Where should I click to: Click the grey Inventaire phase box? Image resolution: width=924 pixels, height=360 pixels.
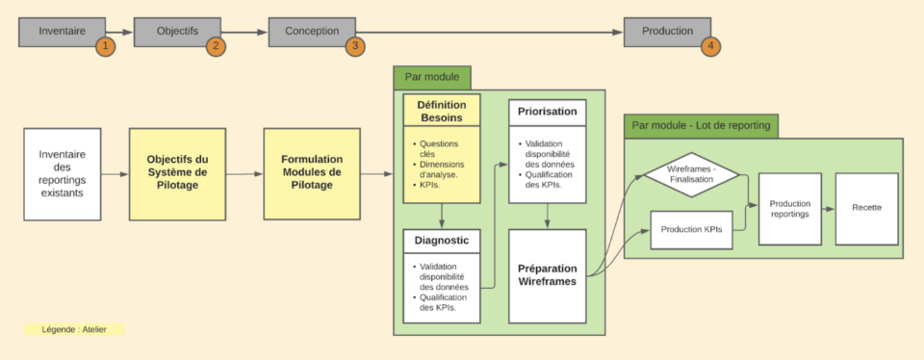coord(61,31)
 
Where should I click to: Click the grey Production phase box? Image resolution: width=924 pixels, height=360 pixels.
coord(667,31)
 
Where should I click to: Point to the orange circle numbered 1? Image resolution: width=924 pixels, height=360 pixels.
coord(106,45)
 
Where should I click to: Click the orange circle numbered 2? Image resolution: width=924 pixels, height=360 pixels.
coord(216,45)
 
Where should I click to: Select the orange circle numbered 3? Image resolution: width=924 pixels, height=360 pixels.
coord(355,45)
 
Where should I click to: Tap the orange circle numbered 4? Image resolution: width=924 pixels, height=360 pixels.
coord(710,45)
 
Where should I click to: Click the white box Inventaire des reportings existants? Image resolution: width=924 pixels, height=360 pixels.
coord(63,174)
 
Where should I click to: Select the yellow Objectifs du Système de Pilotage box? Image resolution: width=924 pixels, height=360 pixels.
coord(177,173)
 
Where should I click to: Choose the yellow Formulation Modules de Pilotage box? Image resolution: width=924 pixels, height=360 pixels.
coord(311,173)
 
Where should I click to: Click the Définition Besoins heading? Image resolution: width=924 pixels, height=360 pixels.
coord(441,111)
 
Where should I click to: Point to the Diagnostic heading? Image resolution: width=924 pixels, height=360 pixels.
coord(441,242)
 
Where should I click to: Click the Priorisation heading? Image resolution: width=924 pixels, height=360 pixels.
coord(547,112)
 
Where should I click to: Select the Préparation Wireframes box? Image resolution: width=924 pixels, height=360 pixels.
coord(547,275)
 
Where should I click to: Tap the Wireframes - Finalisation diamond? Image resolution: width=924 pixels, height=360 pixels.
coord(690,174)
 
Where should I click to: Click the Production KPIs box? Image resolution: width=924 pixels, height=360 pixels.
coord(690,229)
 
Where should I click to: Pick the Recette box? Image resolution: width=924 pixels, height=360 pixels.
coord(866,208)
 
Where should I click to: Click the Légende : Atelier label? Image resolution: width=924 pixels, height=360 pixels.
coord(73,329)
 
